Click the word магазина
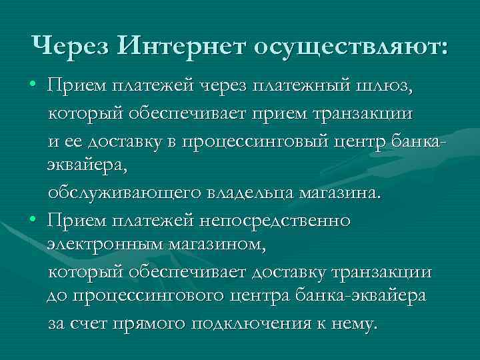(339, 193)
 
